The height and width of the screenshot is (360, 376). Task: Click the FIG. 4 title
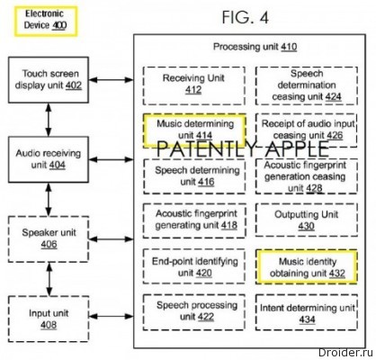(245, 17)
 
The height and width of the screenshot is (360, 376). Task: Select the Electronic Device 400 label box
(46, 22)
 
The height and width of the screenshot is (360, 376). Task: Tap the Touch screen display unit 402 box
(49, 80)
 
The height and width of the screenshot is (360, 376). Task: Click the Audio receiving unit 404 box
(49, 159)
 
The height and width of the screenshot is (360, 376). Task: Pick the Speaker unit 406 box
(49, 239)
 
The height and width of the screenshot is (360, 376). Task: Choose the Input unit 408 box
(49, 319)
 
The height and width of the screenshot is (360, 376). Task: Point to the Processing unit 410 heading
(255, 47)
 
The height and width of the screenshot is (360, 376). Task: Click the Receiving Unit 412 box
(194, 85)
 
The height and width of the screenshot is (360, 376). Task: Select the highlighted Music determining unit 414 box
(194, 130)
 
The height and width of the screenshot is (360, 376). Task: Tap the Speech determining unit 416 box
(194, 176)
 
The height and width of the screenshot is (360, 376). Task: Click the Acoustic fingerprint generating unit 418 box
(194, 220)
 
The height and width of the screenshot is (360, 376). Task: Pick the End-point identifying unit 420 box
(194, 266)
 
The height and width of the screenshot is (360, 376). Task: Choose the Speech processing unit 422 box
(194, 312)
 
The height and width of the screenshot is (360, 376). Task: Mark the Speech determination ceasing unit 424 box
(307, 85)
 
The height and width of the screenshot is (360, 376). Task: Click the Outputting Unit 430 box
(307, 220)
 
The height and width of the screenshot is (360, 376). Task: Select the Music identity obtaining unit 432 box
(307, 266)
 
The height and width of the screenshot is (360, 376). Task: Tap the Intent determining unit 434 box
(307, 312)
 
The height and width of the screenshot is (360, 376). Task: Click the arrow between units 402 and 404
(49, 120)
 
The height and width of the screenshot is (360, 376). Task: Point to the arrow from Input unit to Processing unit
(112, 316)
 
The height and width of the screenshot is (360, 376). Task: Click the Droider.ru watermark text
(345, 353)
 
